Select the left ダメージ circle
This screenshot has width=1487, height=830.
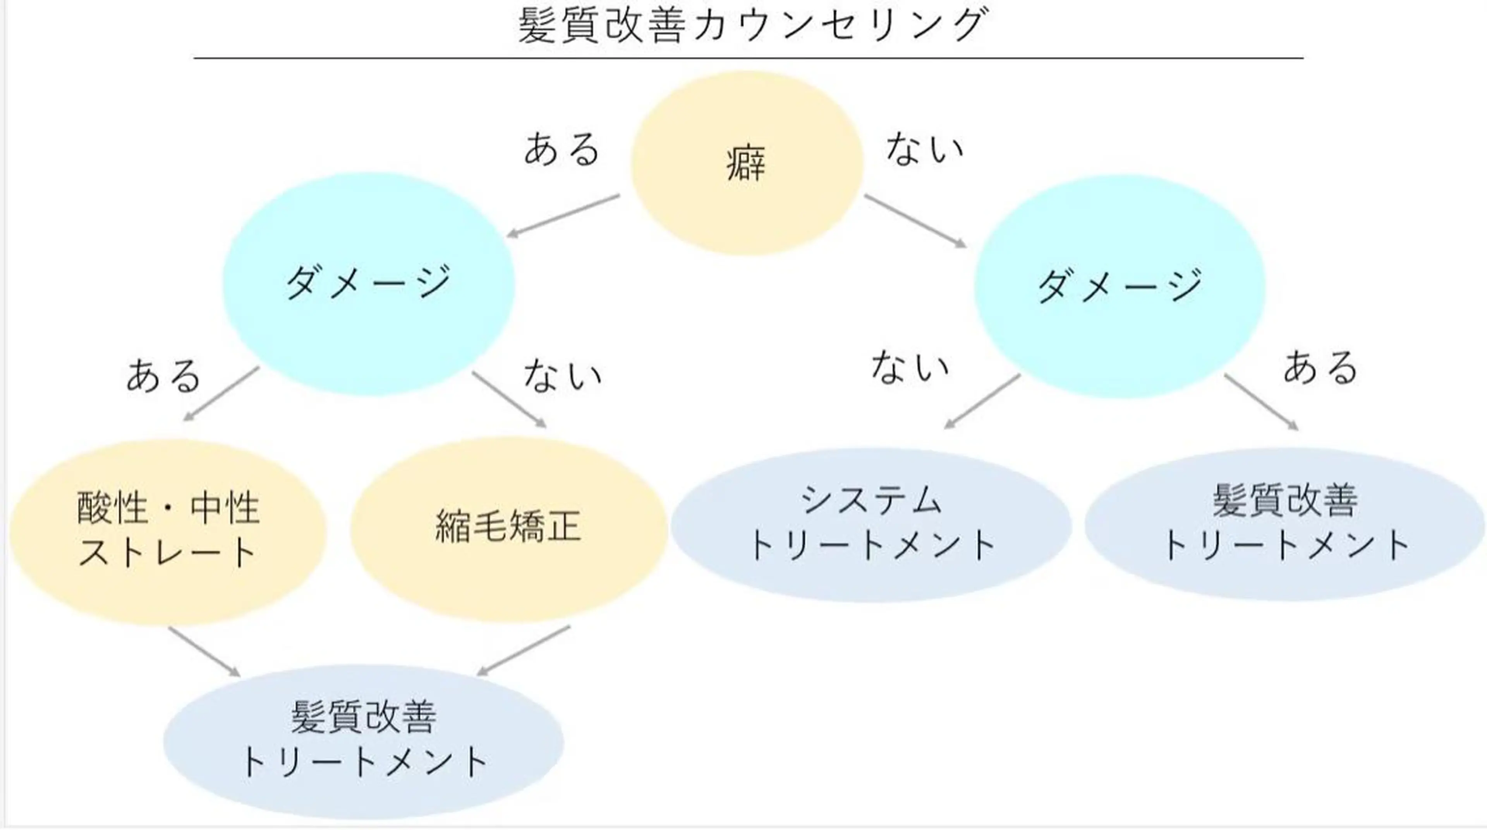pos(368,284)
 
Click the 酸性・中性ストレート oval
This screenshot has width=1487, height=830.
pos(168,531)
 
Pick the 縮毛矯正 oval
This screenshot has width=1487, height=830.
pos(508,528)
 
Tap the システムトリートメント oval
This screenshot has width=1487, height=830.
pos(871,524)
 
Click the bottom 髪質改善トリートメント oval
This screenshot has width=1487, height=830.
pos(363,741)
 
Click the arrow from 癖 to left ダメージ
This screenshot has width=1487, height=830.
pos(563,215)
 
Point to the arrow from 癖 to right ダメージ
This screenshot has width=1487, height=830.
pos(915,221)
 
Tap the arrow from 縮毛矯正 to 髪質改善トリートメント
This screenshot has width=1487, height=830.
pos(524,651)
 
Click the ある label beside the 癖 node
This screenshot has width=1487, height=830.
pos(561,149)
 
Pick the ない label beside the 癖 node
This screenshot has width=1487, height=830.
pos(924,149)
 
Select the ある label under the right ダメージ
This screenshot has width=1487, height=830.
pos(1320,368)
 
